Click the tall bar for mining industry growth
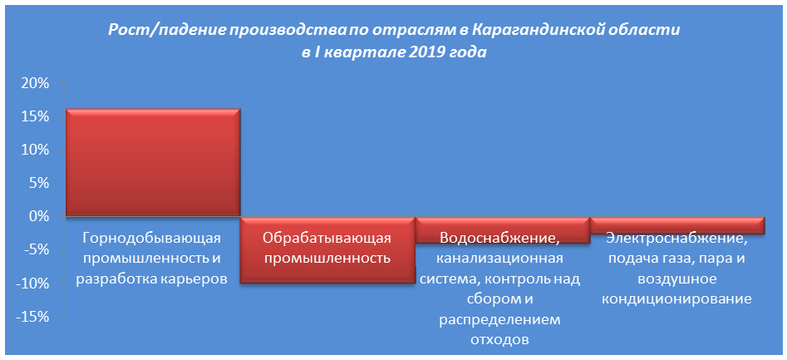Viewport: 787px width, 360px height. pos(153,163)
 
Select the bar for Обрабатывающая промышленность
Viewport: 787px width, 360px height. pos(328,250)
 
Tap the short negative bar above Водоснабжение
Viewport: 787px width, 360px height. pos(503,230)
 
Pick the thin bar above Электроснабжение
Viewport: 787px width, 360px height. pos(677,225)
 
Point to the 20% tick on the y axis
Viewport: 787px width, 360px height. pos(32,83)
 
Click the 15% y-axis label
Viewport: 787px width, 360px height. pos(32,116)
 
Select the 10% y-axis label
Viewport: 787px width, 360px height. pos(32,150)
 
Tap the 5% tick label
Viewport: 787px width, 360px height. pos(37,183)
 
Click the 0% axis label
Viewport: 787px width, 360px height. pos(37,217)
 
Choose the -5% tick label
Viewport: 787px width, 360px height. pos(34,250)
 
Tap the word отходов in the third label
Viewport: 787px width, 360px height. pos(500,340)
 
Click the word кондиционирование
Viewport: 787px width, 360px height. pos(676,300)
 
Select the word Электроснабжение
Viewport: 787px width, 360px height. pos(676,238)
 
